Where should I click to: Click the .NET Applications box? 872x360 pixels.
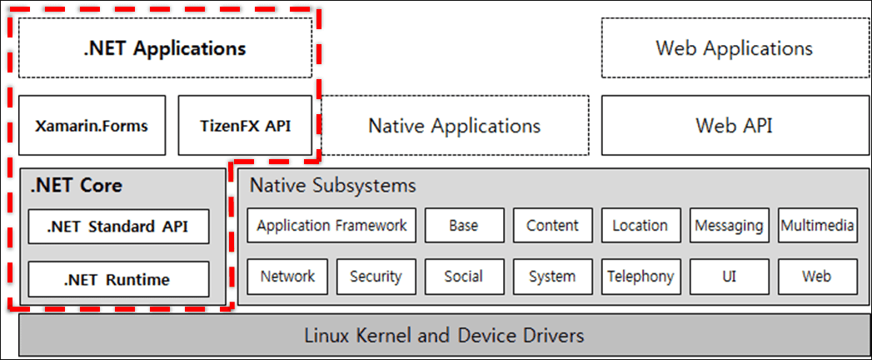click(165, 47)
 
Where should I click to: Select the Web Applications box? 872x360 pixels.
click(734, 47)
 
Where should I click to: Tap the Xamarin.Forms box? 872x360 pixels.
click(92, 126)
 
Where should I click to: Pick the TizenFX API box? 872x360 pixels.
click(246, 126)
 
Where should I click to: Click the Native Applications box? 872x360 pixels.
click(454, 126)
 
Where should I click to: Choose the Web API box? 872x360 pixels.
click(734, 126)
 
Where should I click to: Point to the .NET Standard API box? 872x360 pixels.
click(118, 226)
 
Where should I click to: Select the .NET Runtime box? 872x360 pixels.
click(118, 279)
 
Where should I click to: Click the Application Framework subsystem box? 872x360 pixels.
click(331, 225)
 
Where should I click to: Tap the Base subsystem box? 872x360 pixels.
click(464, 225)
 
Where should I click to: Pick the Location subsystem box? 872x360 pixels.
click(640, 225)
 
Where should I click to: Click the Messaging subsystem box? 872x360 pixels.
click(730, 225)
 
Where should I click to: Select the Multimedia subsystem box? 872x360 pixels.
click(817, 225)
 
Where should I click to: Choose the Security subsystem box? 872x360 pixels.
click(376, 276)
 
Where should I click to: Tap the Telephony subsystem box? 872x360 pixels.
click(640, 276)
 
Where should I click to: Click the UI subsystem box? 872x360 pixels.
click(730, 276)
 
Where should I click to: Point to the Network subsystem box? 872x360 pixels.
click(287, 276)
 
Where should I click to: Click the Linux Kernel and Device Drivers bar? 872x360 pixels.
click(443, 336)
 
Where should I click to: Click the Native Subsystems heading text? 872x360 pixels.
click(332, 185)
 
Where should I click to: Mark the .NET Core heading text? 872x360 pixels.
click(76, 185)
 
